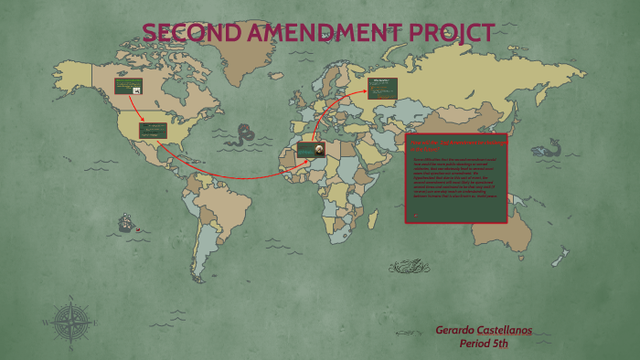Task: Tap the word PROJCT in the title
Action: click(x=451, y=33)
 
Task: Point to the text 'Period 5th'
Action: click(x=495, y=344)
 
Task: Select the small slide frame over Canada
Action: click(x=128, y=86)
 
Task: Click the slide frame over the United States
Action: click(x=153, y=131)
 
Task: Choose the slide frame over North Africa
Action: click(x=310, y=149)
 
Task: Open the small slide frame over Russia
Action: click(x=383, y=88)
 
